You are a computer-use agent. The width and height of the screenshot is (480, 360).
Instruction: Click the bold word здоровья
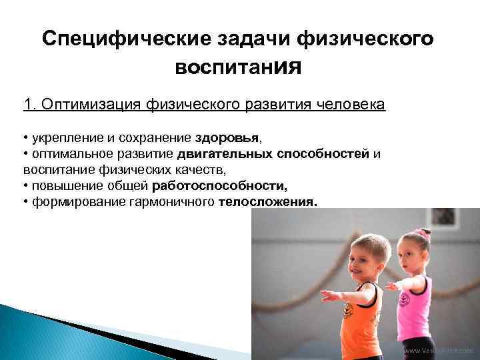[228, 138]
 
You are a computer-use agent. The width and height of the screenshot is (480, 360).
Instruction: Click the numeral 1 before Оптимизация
[27, 105]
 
